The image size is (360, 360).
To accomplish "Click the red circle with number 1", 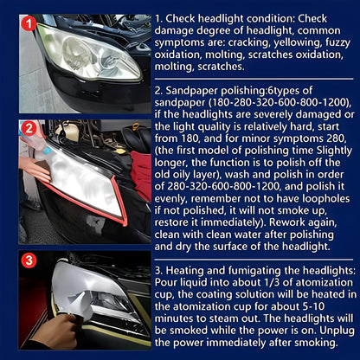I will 28,24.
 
